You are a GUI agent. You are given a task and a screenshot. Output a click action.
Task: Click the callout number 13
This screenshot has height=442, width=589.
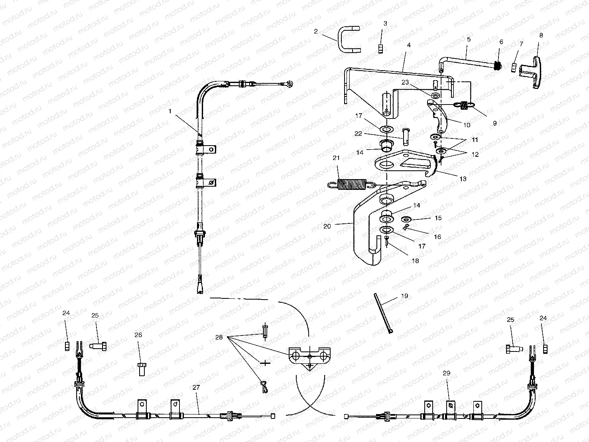[x=463, y=179]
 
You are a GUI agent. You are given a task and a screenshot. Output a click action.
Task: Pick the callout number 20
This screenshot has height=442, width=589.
[x=327, y=226]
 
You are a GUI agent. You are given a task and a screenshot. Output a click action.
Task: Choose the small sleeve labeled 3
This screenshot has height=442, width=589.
[x=380, y=49]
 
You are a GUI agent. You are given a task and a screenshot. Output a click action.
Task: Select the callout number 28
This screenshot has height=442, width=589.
[x=219, y=337]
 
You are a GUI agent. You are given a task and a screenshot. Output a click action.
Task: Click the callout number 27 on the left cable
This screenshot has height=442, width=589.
[x=196, y=387]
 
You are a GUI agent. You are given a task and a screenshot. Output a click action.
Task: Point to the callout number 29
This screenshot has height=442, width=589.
[x=446, y=373]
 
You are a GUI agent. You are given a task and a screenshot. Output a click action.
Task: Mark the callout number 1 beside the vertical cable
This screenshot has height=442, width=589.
[x=170, y=112]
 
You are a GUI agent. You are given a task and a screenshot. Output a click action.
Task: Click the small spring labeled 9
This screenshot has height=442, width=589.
[x=463, y=105]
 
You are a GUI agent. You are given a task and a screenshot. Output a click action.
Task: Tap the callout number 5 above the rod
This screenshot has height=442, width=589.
[x=469, y=39]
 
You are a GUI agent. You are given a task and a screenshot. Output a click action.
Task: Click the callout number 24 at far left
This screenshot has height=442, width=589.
[x=66, y=313]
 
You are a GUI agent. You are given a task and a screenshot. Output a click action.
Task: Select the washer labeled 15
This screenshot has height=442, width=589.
[x=407, y=219]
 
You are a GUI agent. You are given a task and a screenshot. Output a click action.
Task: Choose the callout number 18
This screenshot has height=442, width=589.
[x=415, y=261]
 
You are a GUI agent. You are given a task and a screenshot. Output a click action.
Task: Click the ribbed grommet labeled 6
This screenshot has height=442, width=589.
[x=497, y=65]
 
